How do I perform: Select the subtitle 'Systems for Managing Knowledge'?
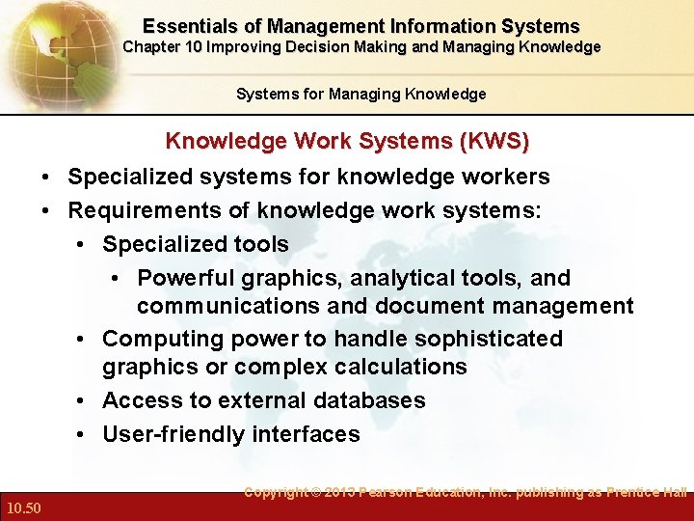[360, 94]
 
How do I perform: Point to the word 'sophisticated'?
[483, 339]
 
